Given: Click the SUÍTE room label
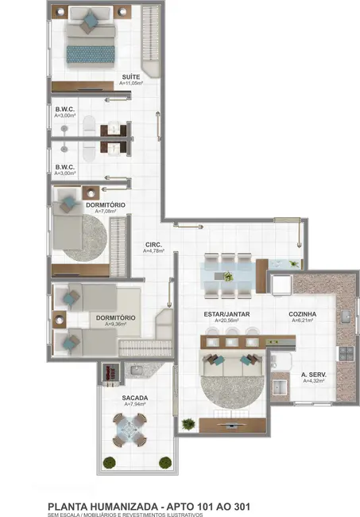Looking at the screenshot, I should coord(131,76).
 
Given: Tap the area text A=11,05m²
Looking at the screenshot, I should coord(131,83).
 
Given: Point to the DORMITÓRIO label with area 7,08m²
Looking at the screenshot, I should coord(105,205).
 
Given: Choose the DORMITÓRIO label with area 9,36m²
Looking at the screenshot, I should coord(115,317).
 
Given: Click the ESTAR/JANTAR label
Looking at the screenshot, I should coord(228,314).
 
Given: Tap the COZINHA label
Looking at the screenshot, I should coord(302,314).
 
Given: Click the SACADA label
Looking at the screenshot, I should coord(134,397).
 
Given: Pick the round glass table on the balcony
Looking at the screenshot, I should coord(127,433).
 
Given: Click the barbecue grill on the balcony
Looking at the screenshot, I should coord(110,372).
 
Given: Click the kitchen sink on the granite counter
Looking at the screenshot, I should coord(346,316).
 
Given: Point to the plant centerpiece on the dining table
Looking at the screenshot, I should coord(228,277).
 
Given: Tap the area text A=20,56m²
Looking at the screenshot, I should coord(228,321).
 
